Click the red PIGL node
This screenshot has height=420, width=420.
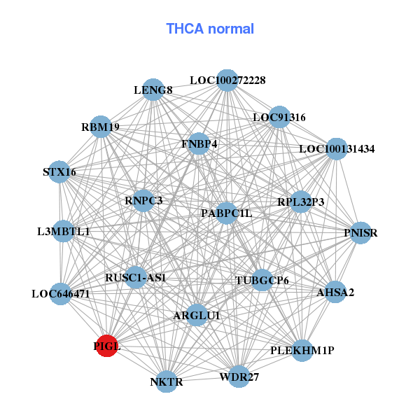point(106,346)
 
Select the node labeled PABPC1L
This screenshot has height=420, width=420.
point(225,212)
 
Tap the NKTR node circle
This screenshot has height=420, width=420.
point(166,381)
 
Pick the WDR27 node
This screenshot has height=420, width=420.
point(239,377)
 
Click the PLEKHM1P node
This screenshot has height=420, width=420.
point(302,349)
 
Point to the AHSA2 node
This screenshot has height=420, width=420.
point(335,292)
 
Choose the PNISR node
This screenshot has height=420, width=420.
point(360,232)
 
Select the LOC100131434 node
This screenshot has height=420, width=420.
point(337,148)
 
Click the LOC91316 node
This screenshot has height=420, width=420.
point(279,117)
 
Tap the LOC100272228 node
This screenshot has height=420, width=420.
point(226,80)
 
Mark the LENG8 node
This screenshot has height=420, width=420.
point(153,90)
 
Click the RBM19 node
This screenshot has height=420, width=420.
point(101,127)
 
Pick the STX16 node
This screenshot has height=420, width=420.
point(59,171)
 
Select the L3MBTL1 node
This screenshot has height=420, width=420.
point(63,231)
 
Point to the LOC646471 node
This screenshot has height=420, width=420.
point(61,293)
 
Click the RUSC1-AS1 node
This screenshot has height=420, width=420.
point(136,277)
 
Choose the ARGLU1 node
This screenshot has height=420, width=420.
point(197,316)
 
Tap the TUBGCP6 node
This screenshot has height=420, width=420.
point(262,281)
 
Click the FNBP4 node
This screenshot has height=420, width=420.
point(199,143)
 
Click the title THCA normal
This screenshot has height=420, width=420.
point(210,29)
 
